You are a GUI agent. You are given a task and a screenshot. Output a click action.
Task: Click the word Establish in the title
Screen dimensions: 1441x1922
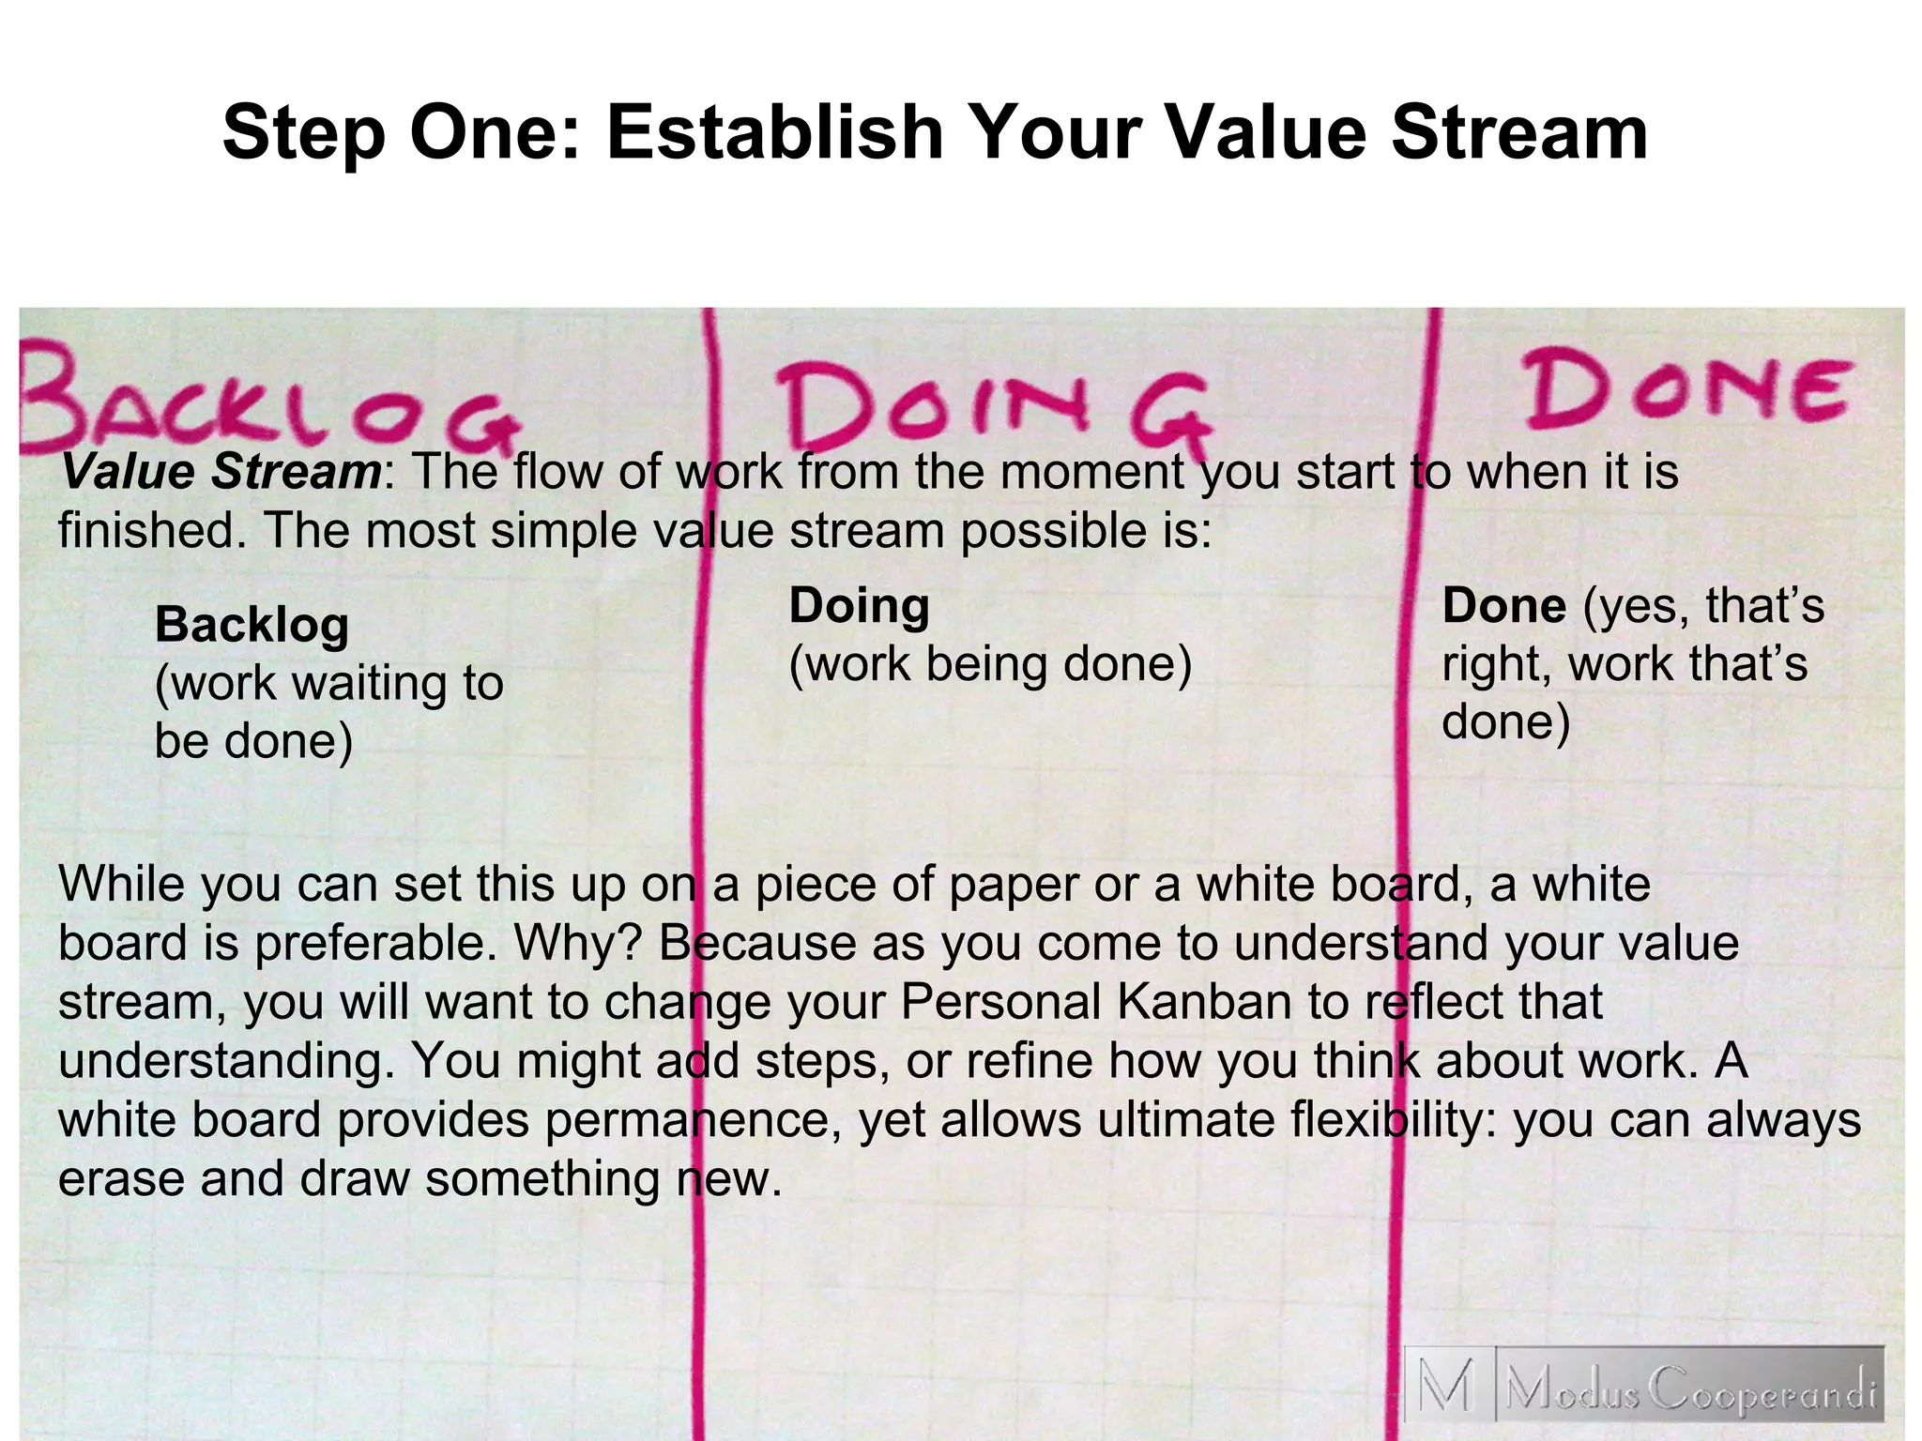coord(773,133)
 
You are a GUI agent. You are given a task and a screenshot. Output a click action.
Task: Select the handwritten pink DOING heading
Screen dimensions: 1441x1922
coord(995,413)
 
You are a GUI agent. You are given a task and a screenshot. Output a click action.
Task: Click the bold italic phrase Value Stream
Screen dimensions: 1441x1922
coord(221,471)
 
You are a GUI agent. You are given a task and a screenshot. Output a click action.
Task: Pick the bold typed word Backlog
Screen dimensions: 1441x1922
coord(252,625)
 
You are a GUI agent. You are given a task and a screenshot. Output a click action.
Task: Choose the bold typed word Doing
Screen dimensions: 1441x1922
coord(859,605)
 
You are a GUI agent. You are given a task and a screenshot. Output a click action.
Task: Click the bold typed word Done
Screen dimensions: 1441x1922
coord(1503,605)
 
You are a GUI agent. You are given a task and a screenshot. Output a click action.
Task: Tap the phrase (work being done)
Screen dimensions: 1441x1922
coord(990,664)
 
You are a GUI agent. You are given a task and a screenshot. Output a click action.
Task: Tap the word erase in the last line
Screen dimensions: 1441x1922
coord(121,1178)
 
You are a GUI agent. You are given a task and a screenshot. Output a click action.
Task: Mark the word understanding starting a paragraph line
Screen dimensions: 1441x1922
coord(225,1061)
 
